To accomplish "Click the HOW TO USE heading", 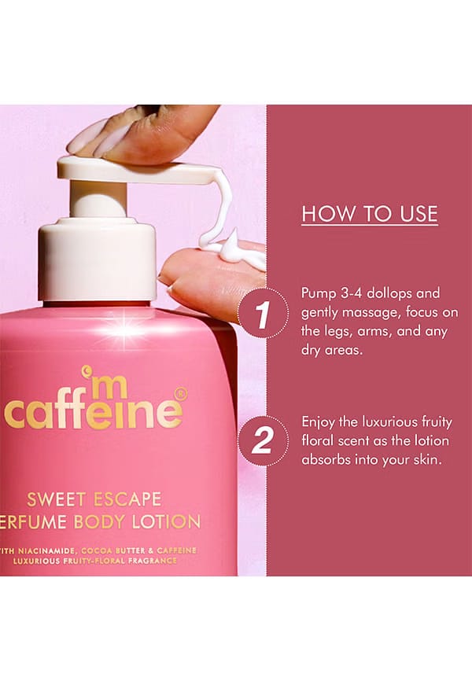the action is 370,214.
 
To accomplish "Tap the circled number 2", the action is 263,440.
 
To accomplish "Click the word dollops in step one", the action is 390,293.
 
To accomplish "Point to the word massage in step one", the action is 371,314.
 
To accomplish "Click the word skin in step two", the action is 428,459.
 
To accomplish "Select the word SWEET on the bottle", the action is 57,499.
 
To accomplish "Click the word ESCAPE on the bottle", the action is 127,499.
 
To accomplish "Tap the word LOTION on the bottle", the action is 167,521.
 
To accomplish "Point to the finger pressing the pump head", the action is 143,134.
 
